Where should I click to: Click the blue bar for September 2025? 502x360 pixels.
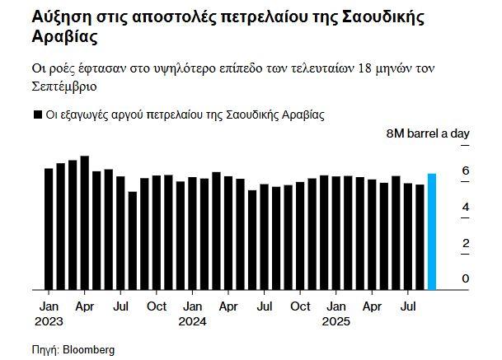tap(432, 231)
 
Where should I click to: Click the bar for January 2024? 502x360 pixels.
tap(192, 234)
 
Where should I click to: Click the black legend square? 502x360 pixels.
tap(37, 115)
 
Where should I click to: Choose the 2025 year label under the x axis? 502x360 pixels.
tap(335, 320)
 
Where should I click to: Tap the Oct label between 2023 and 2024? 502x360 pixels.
tap(156, 306)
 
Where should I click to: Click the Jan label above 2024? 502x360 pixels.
tap(192, 306)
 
